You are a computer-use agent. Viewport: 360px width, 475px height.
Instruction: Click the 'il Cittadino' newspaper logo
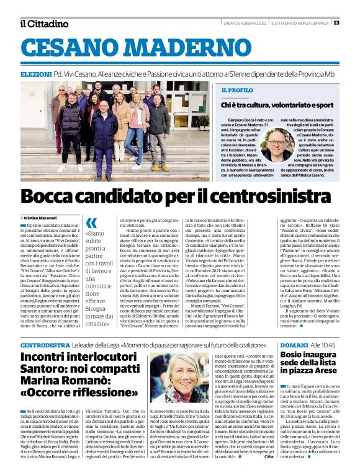point(43,24)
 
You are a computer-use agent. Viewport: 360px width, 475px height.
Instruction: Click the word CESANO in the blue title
point(76,49)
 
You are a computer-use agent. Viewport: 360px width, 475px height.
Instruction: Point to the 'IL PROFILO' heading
point(236,90)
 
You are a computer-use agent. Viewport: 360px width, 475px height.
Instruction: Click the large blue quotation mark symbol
point(92,224)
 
